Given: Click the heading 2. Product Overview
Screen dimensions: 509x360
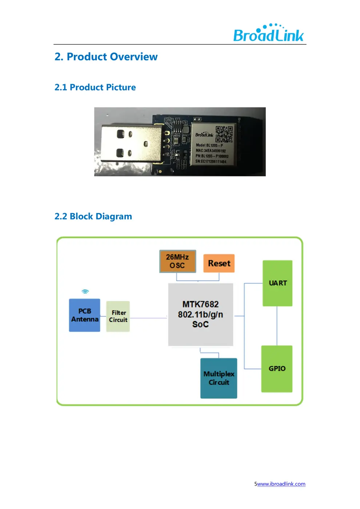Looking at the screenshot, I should (106, 57).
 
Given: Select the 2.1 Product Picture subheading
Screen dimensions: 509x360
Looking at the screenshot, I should (95, 87).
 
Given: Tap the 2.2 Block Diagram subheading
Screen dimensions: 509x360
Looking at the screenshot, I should (93, 216).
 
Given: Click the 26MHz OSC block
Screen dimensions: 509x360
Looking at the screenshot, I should (177, 261).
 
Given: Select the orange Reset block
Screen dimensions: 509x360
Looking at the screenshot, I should (219, 263).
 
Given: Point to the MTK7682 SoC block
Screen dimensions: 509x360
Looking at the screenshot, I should (200, 314).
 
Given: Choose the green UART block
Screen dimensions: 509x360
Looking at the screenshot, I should (277, 283).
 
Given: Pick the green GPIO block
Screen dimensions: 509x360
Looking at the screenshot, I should (277, 369).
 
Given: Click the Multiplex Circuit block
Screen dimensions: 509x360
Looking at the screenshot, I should (219, 378).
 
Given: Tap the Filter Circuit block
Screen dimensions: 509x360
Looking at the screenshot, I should (118, 316).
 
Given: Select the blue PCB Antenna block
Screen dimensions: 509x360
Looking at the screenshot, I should (85, 315).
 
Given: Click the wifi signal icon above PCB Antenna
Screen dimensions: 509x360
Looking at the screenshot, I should (85, 292).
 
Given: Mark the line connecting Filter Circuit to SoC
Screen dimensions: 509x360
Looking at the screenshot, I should (148, 318).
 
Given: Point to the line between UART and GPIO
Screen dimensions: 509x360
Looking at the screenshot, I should (277, 326).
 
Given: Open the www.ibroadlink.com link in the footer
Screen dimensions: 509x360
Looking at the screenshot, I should (281, 484).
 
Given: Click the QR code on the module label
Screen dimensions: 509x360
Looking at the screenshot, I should (224, 134).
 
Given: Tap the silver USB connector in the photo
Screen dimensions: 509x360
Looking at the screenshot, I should (129, 143).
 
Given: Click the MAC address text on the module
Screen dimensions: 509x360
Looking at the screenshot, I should (211, 151).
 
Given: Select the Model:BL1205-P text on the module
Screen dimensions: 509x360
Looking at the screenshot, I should (209, 145).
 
